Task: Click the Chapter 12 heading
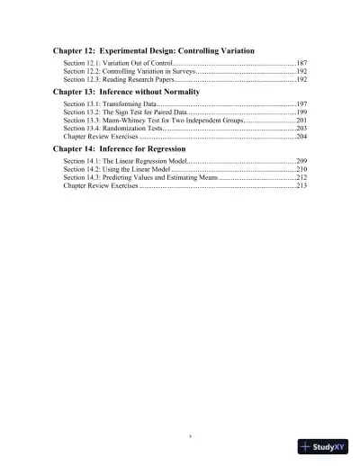point(153,51)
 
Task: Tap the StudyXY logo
point(324,446)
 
